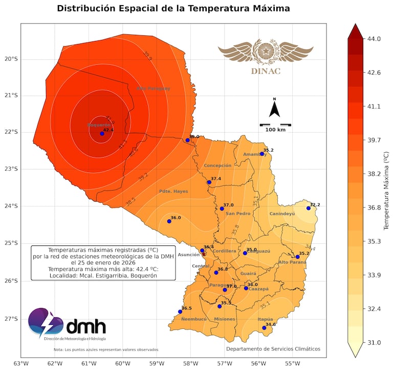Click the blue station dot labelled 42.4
tap(102, 133)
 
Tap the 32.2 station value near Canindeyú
tap(315, 204)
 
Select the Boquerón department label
tap(99, 125)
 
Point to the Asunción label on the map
tap(188, 254)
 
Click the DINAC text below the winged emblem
tap(266, 71)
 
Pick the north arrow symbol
tap(275, 109)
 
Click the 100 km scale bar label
tap(275, 130)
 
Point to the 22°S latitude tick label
tap(11, 132)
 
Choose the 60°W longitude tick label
tap(122, 363)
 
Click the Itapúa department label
tap(265, 319)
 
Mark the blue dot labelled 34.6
tap(265, 328)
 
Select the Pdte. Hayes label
tap(173, 191)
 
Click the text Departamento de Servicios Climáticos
tap(273, 349)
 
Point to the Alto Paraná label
tap(292, 262)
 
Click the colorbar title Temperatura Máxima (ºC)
tap(387, 190)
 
